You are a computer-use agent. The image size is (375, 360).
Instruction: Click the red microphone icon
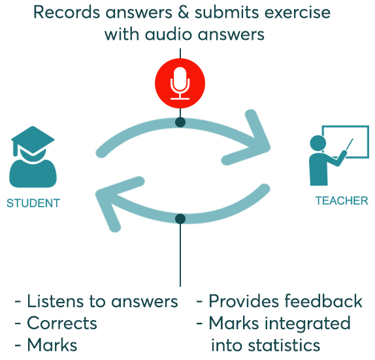tap(180, 83)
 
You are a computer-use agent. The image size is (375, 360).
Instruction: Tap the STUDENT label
tap(33, 203)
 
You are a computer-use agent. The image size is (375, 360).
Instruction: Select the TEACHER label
tap(342, 201)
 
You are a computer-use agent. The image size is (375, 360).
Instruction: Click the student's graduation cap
tap(33, 140)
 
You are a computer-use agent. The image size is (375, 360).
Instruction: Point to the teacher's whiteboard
tap(346, 142)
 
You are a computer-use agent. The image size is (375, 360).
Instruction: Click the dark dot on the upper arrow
tap(180, 122)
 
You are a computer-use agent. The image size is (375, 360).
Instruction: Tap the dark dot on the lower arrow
tap(180, 219)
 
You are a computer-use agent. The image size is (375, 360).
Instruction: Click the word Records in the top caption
tap(67, 12)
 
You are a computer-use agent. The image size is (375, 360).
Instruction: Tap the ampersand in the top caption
tap(183, 12)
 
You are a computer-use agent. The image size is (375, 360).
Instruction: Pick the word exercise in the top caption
tap(295, 12)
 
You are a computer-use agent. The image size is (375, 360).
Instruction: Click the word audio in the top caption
tap(169, 35)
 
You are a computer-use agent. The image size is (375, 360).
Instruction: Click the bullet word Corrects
tap(62, 323)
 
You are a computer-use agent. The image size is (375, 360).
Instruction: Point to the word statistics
tap(284, 346)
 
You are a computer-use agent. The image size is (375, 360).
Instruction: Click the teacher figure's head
tap(318, 143)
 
